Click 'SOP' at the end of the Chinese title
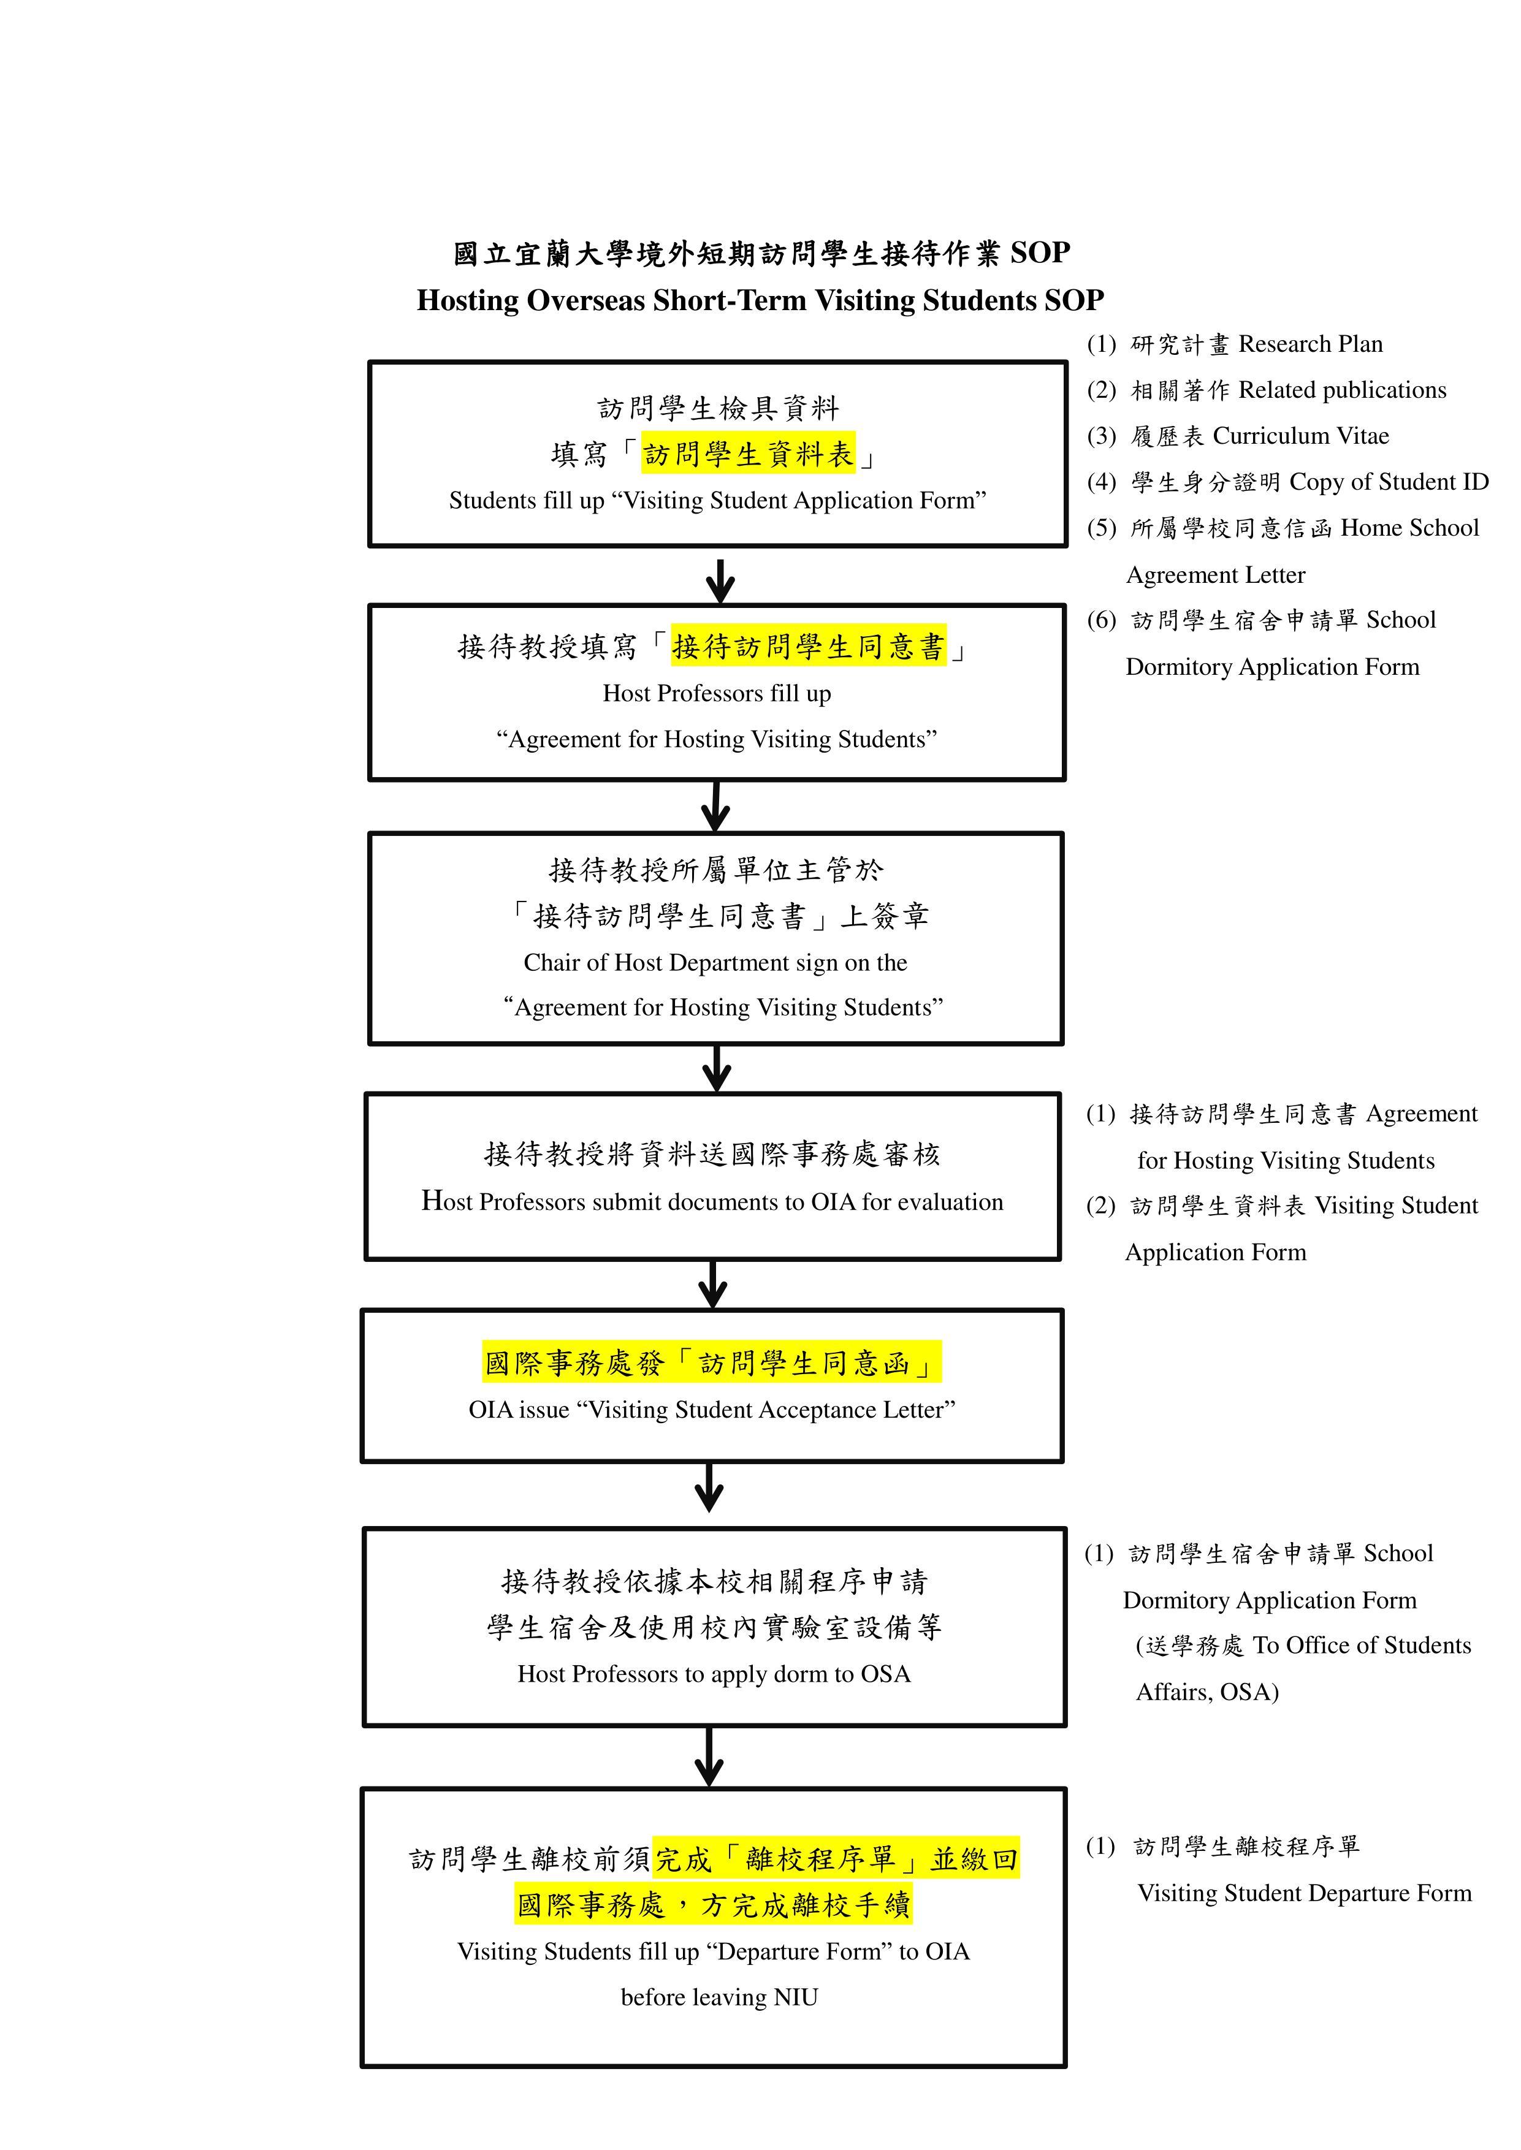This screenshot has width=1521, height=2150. pyautogui.click(x=1040, y=253)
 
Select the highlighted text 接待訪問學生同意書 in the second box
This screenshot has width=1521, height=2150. pyautogui.click(x=808, y=646)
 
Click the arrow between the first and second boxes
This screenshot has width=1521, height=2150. pyautogui.click(x=719, y=580)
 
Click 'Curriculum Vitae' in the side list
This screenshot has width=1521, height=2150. pyautogui.click(x=1301, y=436)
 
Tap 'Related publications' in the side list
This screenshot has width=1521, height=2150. pyautogui.click(x=1342, y=390)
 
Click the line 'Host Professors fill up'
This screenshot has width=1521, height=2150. pyautogui.click(x=717, y=694)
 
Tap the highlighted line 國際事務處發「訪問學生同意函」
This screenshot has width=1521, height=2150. pyautogui.click(x=711, y=1362)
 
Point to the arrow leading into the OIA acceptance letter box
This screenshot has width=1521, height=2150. pyautogui.click(x=713, y=1284)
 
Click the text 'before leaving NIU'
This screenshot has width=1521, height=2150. pyautogui.click(x=719, y=1997)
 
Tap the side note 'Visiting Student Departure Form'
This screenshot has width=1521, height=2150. pyautogui.click(x=1305, y=1893)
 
